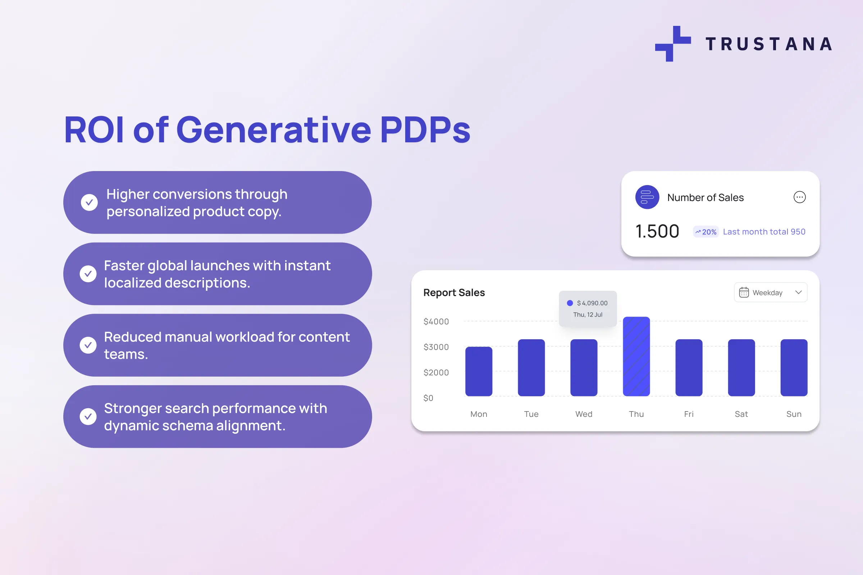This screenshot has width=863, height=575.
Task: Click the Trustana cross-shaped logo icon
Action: click(x=673, y=43)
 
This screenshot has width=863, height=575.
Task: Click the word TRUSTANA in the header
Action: click(x=769, y=44)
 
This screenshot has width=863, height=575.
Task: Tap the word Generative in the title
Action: click(x=274, y=129)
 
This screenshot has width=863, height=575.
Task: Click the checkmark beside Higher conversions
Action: click(x=89, y=202)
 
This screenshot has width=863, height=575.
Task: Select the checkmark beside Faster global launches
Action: click(x=88, y=273)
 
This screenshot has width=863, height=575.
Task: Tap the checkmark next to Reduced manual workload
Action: click(x=88, y=345)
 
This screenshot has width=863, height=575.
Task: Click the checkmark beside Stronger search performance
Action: click(x=88, y=417)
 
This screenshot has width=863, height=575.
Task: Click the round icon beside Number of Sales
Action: click(x=647, y=197)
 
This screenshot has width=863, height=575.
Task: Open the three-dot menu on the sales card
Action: click(x=799, y=197)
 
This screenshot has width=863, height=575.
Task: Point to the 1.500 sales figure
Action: click(x=657, y=231)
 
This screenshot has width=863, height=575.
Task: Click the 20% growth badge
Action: click(x=706, y=232)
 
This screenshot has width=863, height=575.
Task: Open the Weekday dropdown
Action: click(x=771, y=292)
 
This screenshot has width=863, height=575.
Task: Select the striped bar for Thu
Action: click(x=636, y=356)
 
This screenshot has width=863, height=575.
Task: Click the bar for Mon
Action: click(x=479, y=372)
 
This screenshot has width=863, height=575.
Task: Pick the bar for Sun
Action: click(x=794, y=368)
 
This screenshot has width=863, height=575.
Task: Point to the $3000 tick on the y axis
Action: click(x=436, y=347)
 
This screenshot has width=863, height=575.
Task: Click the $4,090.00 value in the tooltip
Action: click(x=592, y=303)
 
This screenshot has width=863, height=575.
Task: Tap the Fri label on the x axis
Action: click(x=689, y=414)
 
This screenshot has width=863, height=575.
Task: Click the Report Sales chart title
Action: click(x=454, y=293)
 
